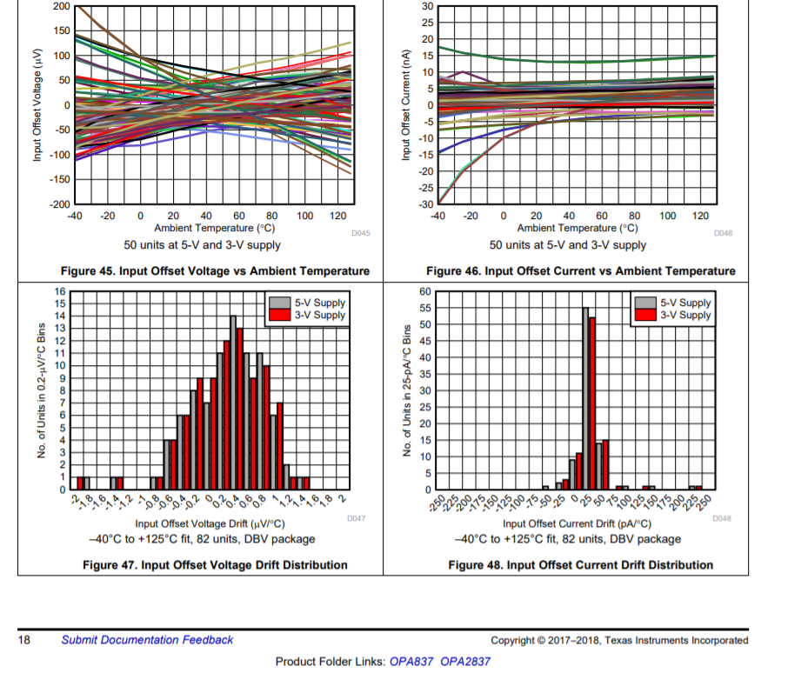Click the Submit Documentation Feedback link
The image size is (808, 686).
coord(147,640)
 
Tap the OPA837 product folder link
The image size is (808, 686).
coord(411,662)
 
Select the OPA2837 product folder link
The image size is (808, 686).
coord(465,662)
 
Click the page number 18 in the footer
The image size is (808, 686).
coord(25,640)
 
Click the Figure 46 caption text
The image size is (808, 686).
coord(580,271)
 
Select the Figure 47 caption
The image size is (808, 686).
coord(215,565)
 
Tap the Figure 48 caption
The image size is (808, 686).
coord(580,565)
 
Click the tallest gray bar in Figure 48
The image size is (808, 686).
coord(585,398)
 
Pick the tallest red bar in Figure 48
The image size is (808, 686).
coord(592,403)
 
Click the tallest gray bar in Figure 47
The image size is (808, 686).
coord(233,403)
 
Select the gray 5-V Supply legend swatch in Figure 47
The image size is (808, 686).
coord(280,303)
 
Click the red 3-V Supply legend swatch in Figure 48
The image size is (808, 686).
coord(645,315)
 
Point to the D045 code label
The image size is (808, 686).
coord(360,234)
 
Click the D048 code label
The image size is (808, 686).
coord(722,519)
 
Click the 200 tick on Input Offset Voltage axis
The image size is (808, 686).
coord(61,6)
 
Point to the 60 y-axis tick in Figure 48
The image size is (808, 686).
coord(425,291)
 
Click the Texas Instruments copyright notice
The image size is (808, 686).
coord(618,641)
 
